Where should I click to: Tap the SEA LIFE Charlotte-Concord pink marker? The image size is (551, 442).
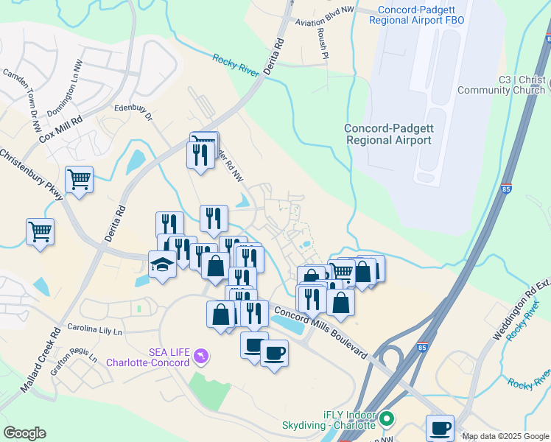[201, 357]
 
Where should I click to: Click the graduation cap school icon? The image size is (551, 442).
[162, 263]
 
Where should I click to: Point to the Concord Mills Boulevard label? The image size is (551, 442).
[320, 331]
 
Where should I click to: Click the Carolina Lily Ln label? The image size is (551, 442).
[93, 327]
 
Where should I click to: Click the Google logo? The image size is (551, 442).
[24, 433]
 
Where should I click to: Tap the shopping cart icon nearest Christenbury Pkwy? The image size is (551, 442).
[79, 178]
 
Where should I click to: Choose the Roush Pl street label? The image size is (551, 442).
[323, 41]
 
